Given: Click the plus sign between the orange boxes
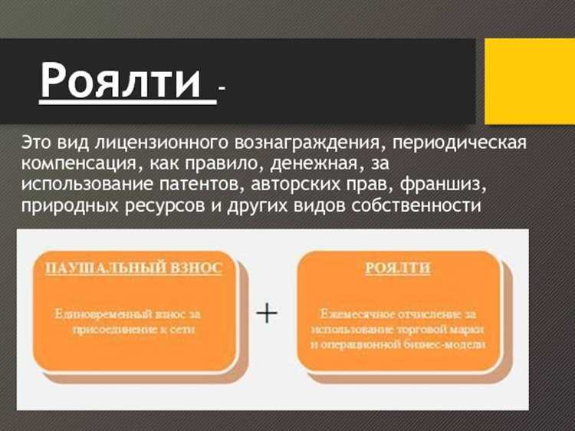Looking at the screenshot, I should [x=266, y=314].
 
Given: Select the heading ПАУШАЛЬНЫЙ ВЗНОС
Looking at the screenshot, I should [x=133, y=268].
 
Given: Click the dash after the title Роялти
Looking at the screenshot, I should [x=222, y=90].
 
